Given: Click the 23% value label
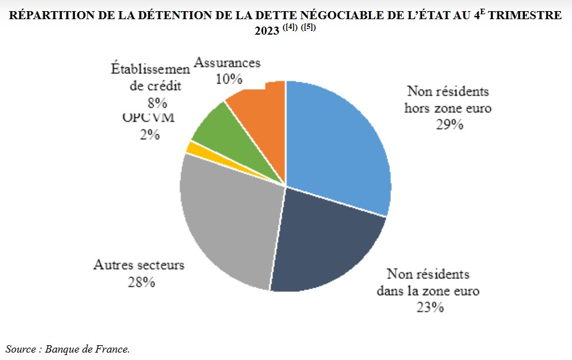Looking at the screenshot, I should tap(429, 306).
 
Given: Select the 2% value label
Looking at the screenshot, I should tap(150, 134).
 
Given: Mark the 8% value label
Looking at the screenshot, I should tap(157, 103).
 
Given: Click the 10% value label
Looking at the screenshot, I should tap(228, 79).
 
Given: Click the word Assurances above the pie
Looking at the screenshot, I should tap(227, 62).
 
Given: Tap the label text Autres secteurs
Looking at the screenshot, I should tap(139, 265).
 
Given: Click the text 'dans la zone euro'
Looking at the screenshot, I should tap(428, 290).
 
